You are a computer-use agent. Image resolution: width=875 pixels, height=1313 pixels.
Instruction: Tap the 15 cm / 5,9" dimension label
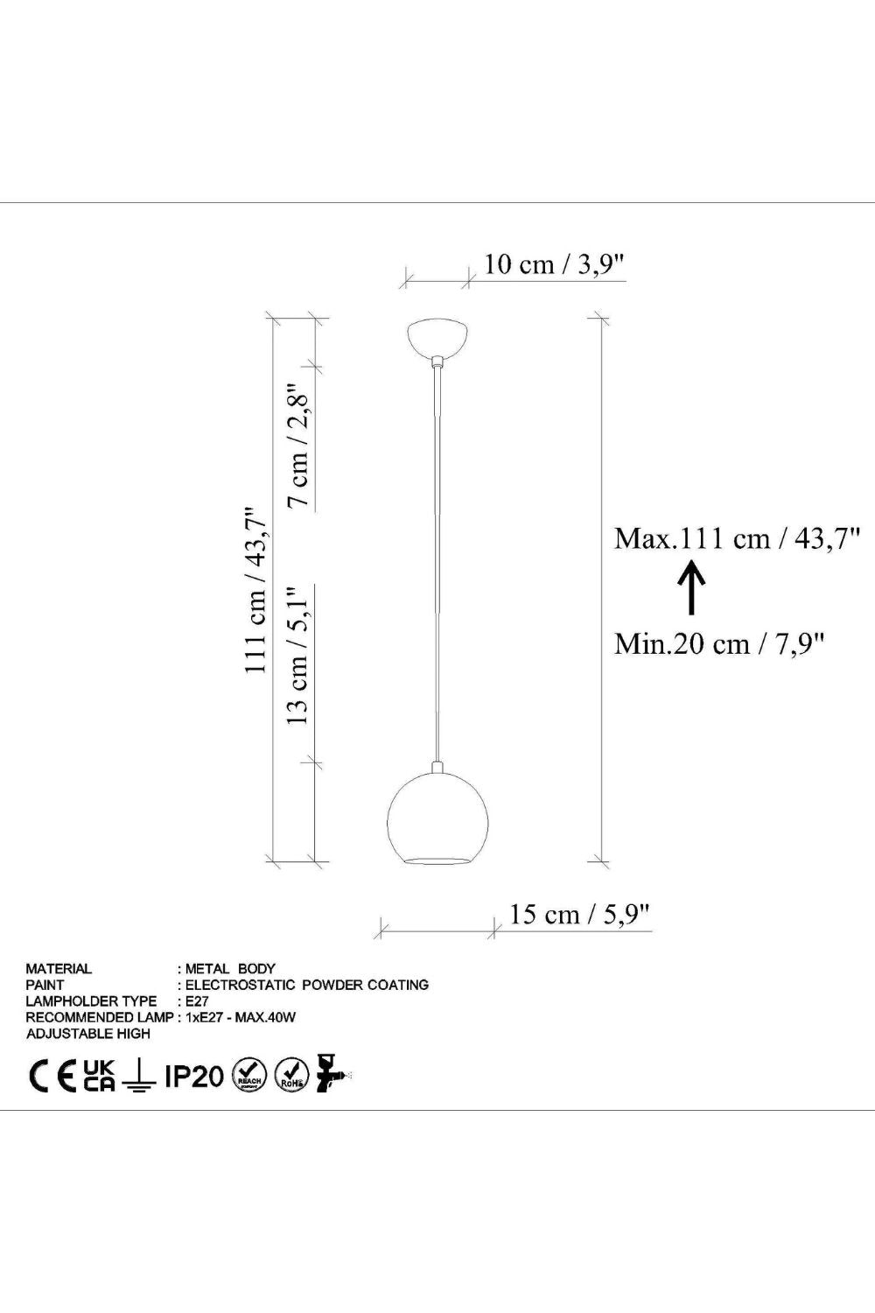pyautogui.click(x=579, y=914)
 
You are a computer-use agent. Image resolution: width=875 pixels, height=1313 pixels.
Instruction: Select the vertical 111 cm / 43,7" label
pyautogui.click(x=256, y=590)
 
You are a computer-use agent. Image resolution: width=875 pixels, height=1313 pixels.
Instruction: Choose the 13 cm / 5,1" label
pyautogui.click(x=298, y=656)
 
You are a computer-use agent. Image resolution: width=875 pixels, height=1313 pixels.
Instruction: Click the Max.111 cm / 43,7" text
pyautogui.click(x=737, y=538)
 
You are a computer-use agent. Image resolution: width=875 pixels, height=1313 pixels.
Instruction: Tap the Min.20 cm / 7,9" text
pyautogui.click(x=719, y=644)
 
